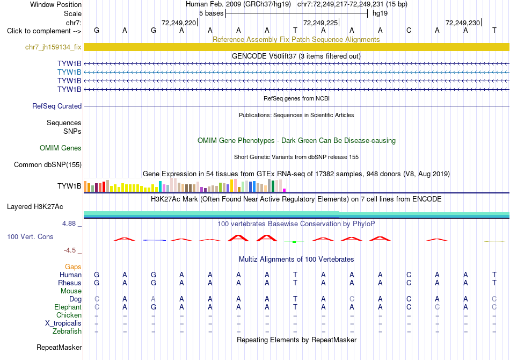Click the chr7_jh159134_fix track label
53,47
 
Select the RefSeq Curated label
57,106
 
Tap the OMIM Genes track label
61,148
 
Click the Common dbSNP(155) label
48,165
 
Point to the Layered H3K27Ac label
35,207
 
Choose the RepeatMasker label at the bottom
59,347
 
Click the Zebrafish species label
67,332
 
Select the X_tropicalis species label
63,323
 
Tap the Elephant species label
68,307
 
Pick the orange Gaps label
73,267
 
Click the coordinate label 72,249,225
320,23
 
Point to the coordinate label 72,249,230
463,23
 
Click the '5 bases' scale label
212,13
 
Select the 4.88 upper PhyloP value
69,224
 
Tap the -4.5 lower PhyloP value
70,250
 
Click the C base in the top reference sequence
409,31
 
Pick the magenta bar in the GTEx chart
285,190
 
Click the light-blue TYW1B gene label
69,72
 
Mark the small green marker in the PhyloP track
294,242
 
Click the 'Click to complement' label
44,31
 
